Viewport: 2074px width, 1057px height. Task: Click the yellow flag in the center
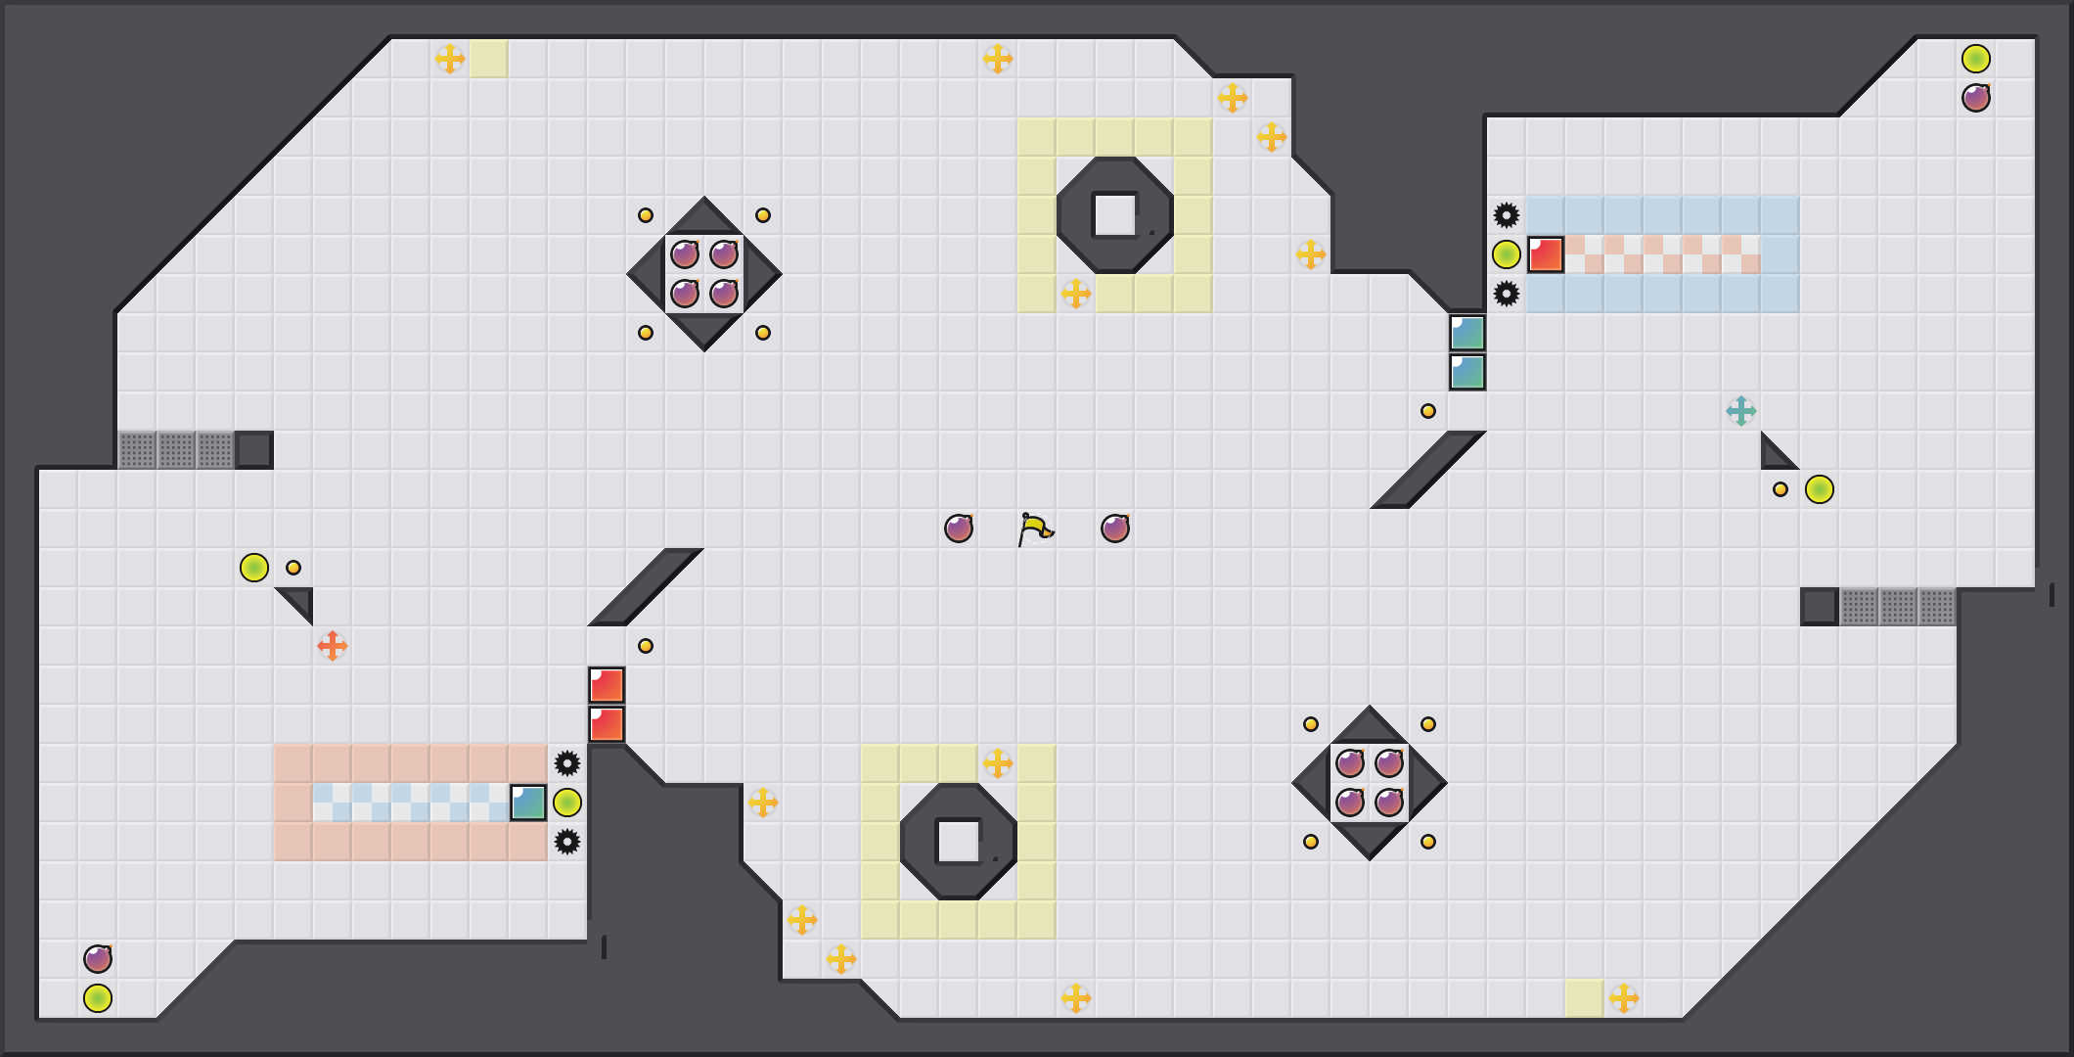(1035, 529)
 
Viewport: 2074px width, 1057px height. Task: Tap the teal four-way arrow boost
(1741, 411)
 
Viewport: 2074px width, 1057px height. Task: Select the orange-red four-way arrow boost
(333, 646)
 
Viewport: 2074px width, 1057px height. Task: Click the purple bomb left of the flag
(959, 528)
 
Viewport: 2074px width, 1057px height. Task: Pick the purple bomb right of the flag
(1115, 528)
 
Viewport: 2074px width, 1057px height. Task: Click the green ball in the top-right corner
(1976, 59)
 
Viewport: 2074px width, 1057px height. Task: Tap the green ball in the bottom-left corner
(98, 998)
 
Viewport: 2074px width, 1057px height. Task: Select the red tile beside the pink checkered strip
(1546, 254)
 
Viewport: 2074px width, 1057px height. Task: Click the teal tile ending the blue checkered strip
(528, 803)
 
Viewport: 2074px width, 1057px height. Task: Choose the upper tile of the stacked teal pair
(1467, 333)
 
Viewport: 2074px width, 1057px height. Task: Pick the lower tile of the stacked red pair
(607, 724)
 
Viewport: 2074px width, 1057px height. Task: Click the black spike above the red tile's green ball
(1507, 215)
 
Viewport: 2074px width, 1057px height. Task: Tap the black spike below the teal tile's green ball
(567, 842)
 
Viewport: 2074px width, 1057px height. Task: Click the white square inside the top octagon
(1114, 214)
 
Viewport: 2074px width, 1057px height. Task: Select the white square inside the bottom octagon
(958, 841)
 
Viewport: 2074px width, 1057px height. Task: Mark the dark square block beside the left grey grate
(254, 450)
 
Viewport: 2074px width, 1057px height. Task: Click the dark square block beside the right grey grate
(1820, 607)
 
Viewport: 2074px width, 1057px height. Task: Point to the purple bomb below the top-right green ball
(1976, 98)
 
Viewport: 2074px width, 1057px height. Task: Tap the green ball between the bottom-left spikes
(567, 803)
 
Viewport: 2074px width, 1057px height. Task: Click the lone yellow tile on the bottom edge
(1585, 998)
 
